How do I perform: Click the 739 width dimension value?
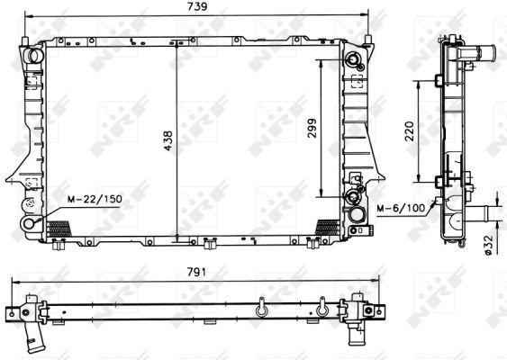pos(197,6)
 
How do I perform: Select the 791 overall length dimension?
pos(196,273)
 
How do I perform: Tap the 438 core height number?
pos(168,140)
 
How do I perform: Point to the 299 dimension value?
pos(312,129)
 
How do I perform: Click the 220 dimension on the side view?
pos(410,130)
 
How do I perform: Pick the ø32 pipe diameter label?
pos(489,245)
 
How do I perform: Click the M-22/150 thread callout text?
pos(95,199)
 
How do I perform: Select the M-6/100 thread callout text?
pos(401,209)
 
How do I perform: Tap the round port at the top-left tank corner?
pos(35,55)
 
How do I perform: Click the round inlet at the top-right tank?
pos(353,59)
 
